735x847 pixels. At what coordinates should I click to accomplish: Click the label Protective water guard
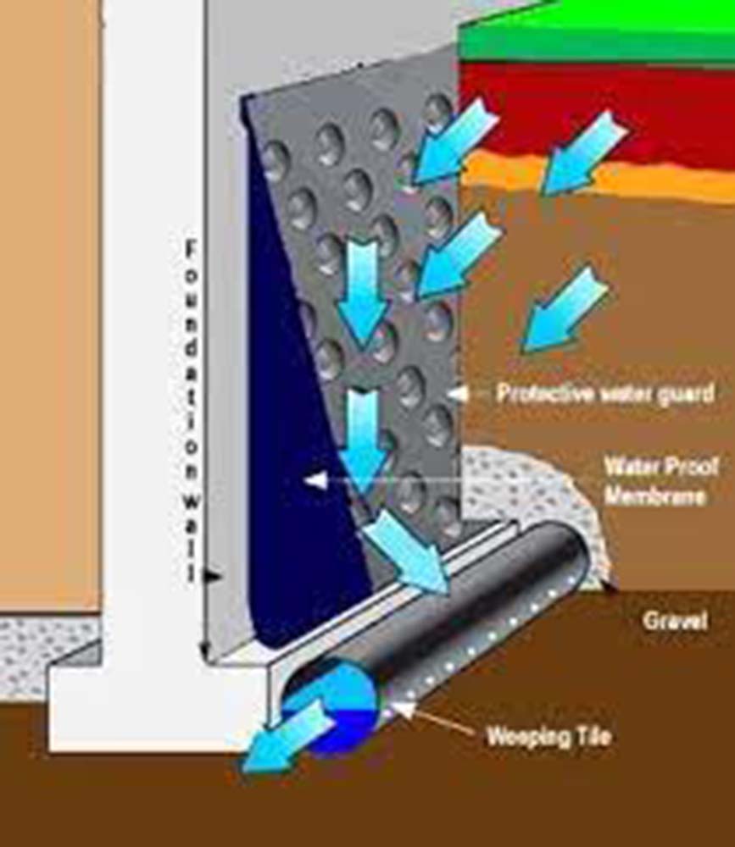[604, 393]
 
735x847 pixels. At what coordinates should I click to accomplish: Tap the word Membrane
[654, 495]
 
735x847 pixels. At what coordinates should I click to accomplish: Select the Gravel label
[674, 620]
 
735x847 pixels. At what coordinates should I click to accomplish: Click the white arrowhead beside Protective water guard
[458, 393]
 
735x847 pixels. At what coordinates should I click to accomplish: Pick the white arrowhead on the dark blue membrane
[315, 480]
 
